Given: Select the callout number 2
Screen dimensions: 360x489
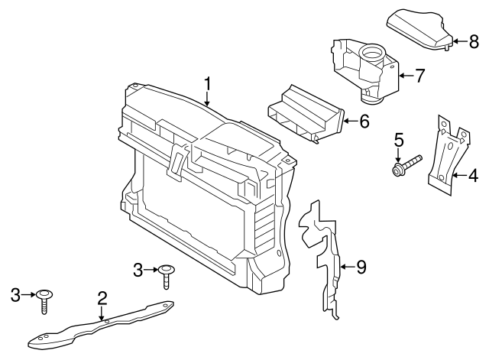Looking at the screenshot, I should tap(100, 297).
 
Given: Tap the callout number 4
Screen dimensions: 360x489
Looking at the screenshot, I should tap(474, 177).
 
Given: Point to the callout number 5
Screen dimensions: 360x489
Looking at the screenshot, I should tap(398, 140).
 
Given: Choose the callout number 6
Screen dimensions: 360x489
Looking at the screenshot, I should tap(364, 121).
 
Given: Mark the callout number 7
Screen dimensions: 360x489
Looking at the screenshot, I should tap(419, 75).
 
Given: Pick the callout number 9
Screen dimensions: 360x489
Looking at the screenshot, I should tap(361, 267).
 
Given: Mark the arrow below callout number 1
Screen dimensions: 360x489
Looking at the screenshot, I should tap(206, 96).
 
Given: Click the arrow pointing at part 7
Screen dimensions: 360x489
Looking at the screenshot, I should tap(403, 75).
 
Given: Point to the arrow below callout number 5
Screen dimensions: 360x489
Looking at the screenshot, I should tap(398, 154).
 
